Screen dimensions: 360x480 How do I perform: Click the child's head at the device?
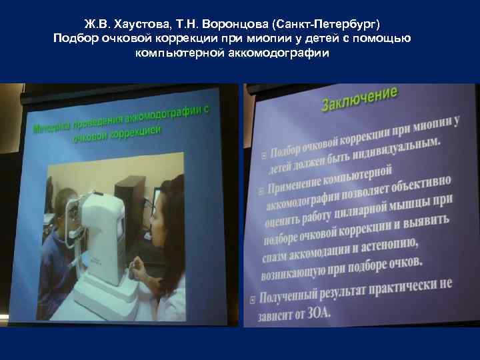pyautogui.click(x=61, y=207)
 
